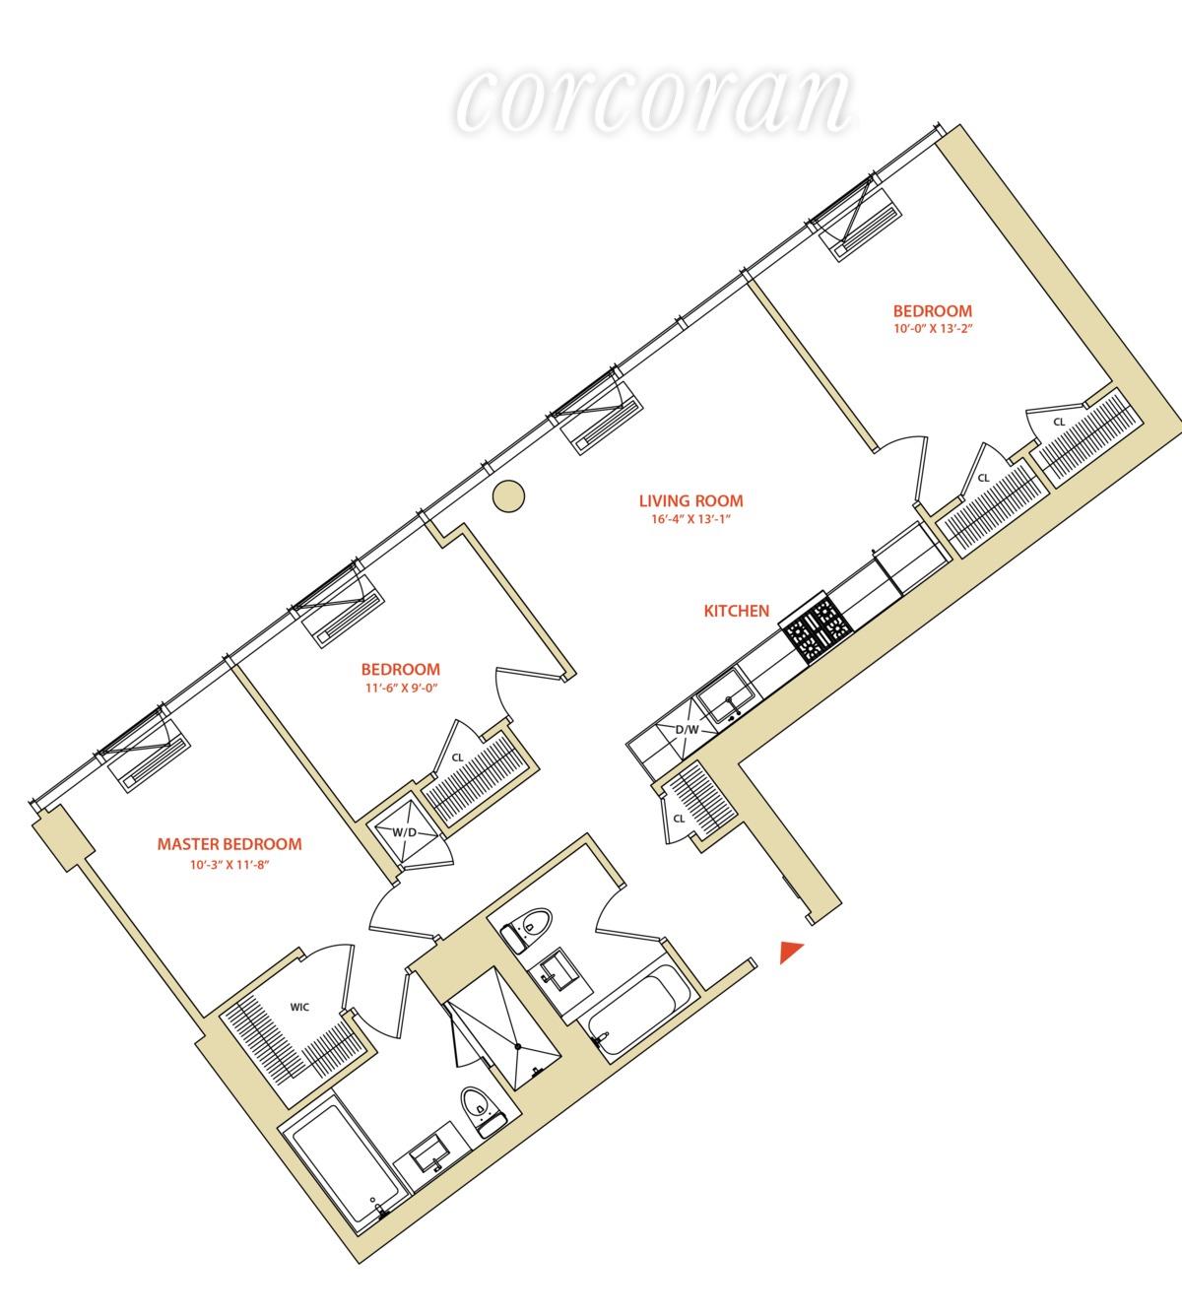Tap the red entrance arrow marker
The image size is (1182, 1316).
click(x=791, y=951)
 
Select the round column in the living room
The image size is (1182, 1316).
click(x=508, y=496)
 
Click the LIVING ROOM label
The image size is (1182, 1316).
click(x=691, y=500)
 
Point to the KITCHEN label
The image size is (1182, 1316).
click(x=737, y=611)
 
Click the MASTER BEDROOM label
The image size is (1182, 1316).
click(x=230, y=844)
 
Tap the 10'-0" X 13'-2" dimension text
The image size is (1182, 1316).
click(x=933, y=329)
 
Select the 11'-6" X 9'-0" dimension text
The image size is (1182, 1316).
click(x=401, y=688)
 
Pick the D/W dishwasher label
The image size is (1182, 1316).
click(x=688, y=730)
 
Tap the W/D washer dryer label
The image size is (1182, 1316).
click(x=404, y=832)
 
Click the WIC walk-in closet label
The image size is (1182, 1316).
click(x=299, y=1008)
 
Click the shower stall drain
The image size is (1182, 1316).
click(x=517, y=1046)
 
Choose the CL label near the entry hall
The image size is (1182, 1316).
click(x=679, y=820)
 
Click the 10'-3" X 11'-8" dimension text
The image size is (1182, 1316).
click(x=230, y=865)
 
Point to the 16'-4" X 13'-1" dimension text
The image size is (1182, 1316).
click(x=691, y=519)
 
